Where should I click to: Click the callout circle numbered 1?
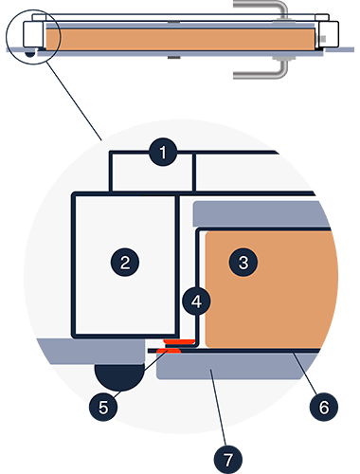tap(163, 153)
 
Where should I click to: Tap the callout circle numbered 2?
tap(125, 263)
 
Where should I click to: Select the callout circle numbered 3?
tap(243, 263)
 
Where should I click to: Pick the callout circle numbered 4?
tap(196, 301)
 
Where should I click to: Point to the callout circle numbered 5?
tap(103, 407)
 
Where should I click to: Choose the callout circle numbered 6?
tap(324, 407)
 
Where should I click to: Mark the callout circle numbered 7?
tap(228, 460)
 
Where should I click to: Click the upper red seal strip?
tap(179, 341)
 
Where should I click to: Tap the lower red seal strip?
tap(169, 351)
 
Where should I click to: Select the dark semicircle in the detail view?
tap(119, 376)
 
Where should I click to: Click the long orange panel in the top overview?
tap(180, 39)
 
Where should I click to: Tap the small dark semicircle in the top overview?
tap(30, 53)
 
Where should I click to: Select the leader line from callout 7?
tap(219, 408)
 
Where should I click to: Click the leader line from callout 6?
tap(305, 374)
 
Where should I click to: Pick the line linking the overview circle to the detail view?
tap(74, 100)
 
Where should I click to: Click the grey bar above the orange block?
tap(259, 213)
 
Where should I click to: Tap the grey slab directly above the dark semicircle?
tap(92, 351)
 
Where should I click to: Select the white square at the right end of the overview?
tap(329, 34)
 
